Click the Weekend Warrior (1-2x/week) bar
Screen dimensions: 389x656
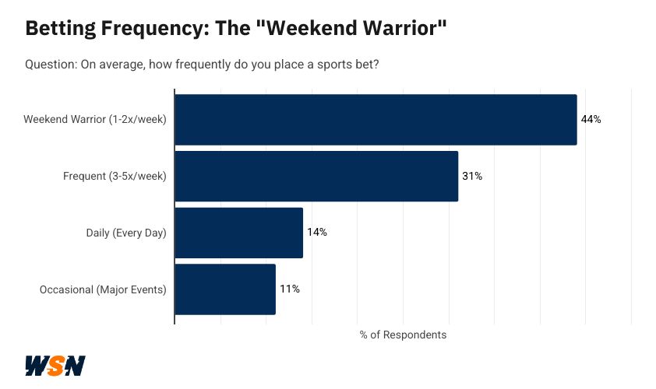click(x=376, y=120)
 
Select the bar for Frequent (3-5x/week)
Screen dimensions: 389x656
click(x=316, y=177)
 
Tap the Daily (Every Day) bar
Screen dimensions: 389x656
click(x=238, y=233)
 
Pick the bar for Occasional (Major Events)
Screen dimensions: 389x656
click(x=225, y=289)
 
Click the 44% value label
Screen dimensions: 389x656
click(x=591, y=120)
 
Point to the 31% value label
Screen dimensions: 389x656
click(x=472, y=177)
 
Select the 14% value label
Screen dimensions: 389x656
click(x=316, y=233)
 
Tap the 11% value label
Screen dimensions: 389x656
click(x=290, y=289)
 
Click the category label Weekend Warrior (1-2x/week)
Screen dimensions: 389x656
click(x=95, y=120)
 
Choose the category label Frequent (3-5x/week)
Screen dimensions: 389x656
click(x=115, y=177)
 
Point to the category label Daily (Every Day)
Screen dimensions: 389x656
click(x=126, y=233)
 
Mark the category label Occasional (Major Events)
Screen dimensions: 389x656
click(x=103, y=289)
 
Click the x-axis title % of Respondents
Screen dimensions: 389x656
click(x=403, y=335)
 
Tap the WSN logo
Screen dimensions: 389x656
click(x=55, y=366)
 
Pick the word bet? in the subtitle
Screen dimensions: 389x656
click(x=366, y=64)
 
